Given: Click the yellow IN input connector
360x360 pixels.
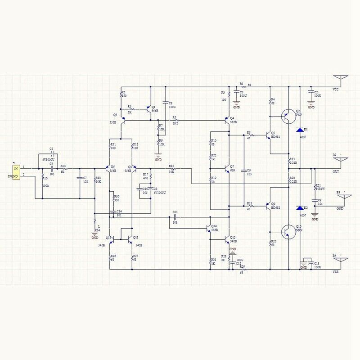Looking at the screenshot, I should pyautogui.click(x=15, y=172).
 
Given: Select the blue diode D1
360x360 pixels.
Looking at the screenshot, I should pyautogui.click(x=299, y=130).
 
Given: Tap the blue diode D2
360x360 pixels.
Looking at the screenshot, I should pyautogui.click(x=299, y=208).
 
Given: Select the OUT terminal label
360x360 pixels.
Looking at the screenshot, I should pyautogui.click(x=336, y=171).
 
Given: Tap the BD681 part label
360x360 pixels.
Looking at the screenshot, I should pyautogui.click(x=276, y=137).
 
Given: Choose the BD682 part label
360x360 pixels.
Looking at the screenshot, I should pyautogui.click(x=276, y=207).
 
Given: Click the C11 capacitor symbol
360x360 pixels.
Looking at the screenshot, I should pyautogui.click(x=175, y=217).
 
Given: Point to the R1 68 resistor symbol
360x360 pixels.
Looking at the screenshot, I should pyautogui.click(x=242, y=87).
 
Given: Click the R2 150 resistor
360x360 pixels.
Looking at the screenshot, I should pyautogui.click(x=121, y=94).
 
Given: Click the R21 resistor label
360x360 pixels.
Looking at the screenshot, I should pyautogui.click(x=318, y=185).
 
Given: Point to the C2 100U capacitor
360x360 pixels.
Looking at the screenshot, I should pyautogui.click(x=310, y=93).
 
